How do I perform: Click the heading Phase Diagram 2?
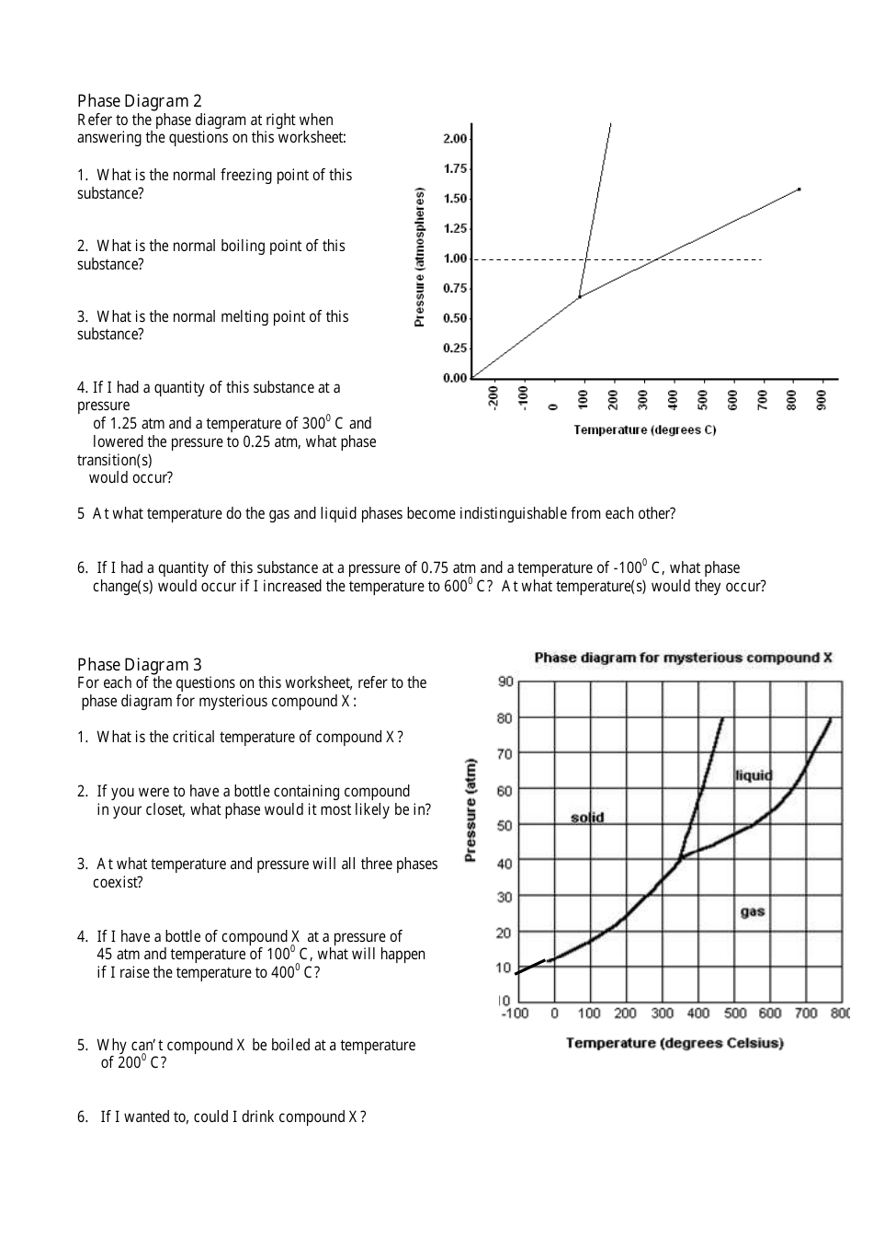coord(139,101)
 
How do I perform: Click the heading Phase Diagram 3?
coord(139,665)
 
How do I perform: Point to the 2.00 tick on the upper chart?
coord(455,139)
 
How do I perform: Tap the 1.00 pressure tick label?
coord(455,258)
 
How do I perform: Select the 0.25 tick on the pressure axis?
coord(455,348)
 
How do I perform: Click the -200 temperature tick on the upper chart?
coord(493,397)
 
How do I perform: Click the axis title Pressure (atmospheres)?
coord(420,257)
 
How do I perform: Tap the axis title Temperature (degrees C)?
coord(644,430)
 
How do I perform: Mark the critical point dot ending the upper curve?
coord(799,189)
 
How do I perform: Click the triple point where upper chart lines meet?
coord(579,297)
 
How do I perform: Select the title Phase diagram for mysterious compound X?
coord(683,658)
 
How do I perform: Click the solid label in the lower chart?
coord(587,818)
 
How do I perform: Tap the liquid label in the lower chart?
coord(754,775)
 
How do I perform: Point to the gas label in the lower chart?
coord(752,911)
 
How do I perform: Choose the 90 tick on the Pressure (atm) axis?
coord(505,681)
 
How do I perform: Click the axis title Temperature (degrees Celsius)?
coord(675,1043)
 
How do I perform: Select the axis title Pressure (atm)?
coord(471,810)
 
